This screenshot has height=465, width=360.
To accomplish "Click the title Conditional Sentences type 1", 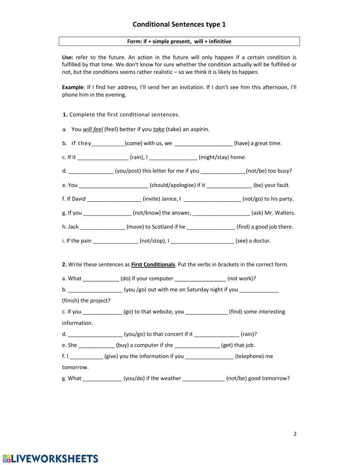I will pyautogui.click(x=179, y=24).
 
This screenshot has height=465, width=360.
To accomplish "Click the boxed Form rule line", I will pyautogui.click(x=179, y=41).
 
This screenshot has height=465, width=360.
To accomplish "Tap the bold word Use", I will pyautogui.click(x=67, y=57).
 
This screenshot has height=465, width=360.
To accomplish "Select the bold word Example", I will pyautogui.click(x=72, y=87).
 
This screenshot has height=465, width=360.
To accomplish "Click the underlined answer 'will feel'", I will pyautogui.click(x=93, y=129).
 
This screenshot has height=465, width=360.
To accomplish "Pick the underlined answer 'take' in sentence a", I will pyautogui.click(x=158, y=129).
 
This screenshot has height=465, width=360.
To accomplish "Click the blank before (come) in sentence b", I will pyautogui.click(x=108, y=144).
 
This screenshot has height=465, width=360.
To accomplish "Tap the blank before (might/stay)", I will pyautogui.click(x=173, y=158).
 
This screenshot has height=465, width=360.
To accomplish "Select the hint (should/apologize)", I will pyautogui.click(x=173, y=185).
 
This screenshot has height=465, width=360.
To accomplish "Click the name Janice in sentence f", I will pyautogui.click(x=169, y=199).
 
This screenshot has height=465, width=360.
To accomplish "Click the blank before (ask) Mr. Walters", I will pyautogui.click(x=221, y=213).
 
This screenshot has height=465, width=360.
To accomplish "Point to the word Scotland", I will pyautogui.click(x=162, y=227).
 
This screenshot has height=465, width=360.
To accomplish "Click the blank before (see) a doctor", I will pyautogui.click(x=202, y=241).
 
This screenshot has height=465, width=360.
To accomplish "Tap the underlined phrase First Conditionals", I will pyautogui.click(x=153, y=265).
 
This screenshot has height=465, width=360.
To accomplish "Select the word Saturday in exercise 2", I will pyautogui.click(x=198, y=290).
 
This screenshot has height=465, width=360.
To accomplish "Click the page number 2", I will pyautogui.click(x=295, y=434).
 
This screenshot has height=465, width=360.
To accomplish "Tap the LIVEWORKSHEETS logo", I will pyautogui.click(x=50, y=459).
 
